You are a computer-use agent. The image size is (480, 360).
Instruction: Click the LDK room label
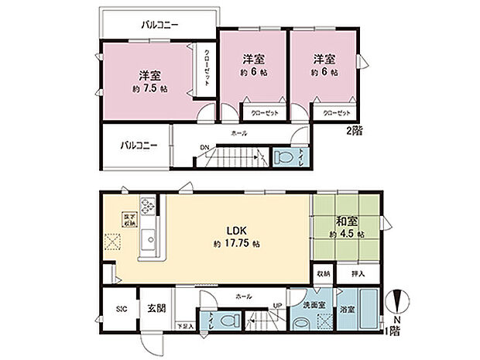click(x=236, y=230)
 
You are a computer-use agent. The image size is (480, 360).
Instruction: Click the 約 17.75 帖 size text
click(x=236, y=244)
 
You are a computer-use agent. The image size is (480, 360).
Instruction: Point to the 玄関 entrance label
click(x=156, y=307)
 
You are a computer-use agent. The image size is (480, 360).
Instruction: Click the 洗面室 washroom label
click(x=314, y=311)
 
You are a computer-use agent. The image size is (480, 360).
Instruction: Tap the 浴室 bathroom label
click(x=346, y=311)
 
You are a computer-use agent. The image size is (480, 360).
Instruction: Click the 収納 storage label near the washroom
click(x=324, y=273)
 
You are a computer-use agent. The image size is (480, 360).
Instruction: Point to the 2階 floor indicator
click(x=354, y=132)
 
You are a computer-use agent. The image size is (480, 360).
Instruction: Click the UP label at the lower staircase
click(x=276, y=305)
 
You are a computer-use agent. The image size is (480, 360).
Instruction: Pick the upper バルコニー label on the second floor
click(x=160, y=25)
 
